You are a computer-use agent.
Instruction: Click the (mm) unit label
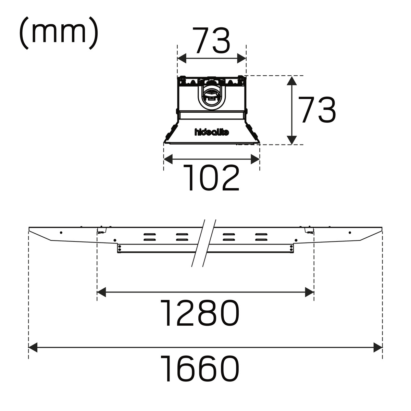[59, 33]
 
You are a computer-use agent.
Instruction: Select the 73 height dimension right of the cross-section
[317, 110]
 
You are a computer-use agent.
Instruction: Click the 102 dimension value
[211, 178]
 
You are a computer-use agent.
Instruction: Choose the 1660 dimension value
[200, 368]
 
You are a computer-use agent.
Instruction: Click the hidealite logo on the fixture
[212, 132]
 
